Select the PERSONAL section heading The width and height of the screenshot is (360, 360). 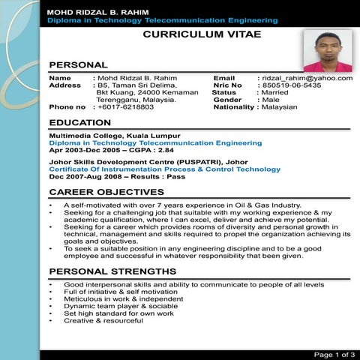(x=78, y=65)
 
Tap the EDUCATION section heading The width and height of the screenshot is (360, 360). (x=80, y=123)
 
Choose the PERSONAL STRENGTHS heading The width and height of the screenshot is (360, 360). (x=112, y=271)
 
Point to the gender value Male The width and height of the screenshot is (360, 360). (x=271, y=100)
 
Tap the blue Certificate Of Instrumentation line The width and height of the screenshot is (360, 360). (x=164, y=169)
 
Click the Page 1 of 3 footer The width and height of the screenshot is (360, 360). (x=334, y=354)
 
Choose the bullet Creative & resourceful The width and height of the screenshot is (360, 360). (x=103, y=320)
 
